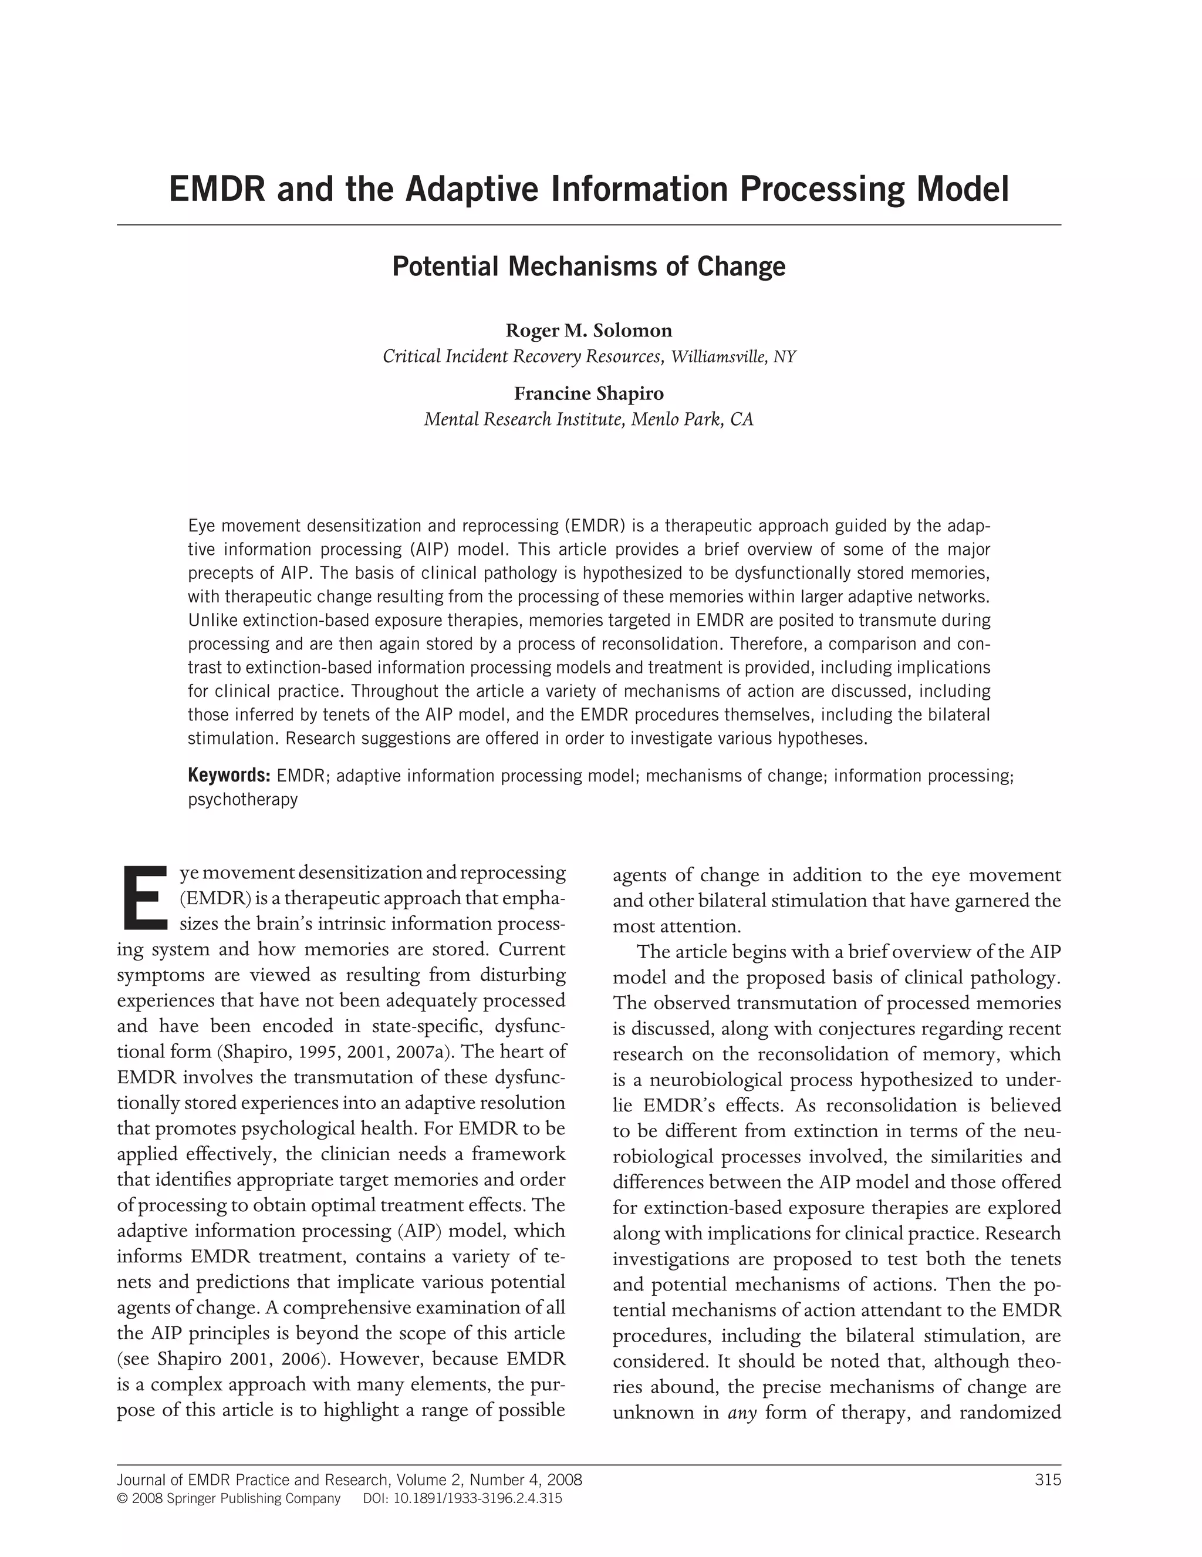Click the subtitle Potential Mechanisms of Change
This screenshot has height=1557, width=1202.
pyautogui.click(x=589, y=267)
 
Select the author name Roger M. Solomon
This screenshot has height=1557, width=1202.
pyautogui.click(x=589, y=331)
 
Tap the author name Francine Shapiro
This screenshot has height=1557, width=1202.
pyautogui.click(x=589, y=393)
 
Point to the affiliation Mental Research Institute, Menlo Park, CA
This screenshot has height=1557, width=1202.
pyautogui.click(x=589, y=419)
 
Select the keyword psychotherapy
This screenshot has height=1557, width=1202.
pyautogui.click(x=242, y=799)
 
